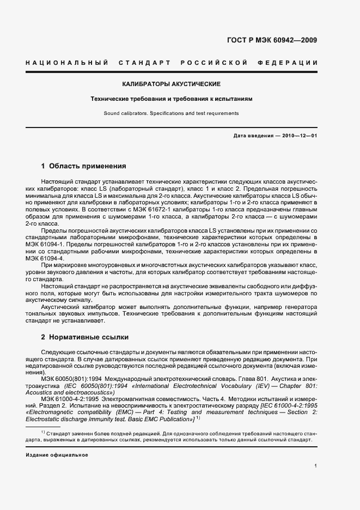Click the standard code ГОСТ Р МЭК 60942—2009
pyautogui.click(x=272, y=40)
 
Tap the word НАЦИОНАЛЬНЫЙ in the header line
pyautogui.click(x=67, y=63)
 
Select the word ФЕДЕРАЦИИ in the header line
pyautogui.click(x=292, y=63)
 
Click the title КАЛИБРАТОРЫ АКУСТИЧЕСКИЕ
pyautogui.click(x=171, y=84)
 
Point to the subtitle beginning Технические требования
pyautogui.click(x=171, y=99)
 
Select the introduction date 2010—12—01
pyautogui.click(x=297, y=136)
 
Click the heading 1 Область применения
pyautogui.click(x=83, y=166)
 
